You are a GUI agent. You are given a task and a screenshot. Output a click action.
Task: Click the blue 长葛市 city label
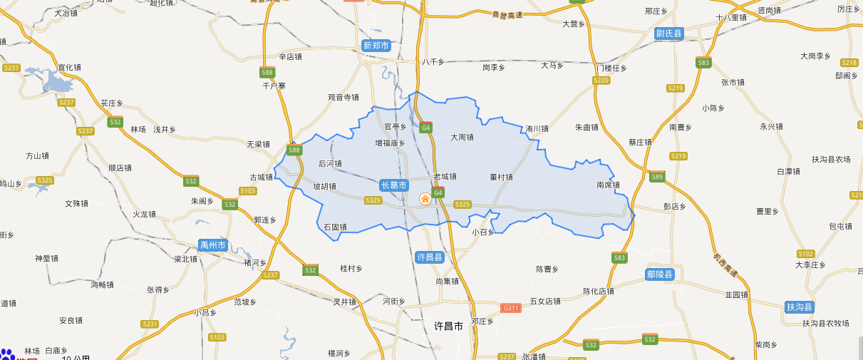[x=394, y=185]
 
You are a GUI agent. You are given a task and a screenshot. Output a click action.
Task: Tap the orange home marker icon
[x=425, y=198]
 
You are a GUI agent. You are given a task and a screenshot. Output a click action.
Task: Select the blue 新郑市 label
[x=376, y=46]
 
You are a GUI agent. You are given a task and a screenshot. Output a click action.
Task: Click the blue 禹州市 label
[x=212, y=245]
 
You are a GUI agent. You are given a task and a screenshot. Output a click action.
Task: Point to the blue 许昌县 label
[x=429, y=257]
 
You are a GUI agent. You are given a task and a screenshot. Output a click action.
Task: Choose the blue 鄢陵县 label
[x=660, y=274]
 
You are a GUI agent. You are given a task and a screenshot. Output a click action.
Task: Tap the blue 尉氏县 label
[x=669, y=34]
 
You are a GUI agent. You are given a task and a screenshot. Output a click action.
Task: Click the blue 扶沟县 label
[x=800, y=307]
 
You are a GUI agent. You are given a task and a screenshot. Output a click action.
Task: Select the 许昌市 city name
[x=448, y=326]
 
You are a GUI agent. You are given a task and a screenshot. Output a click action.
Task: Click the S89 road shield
[x=657, y=177]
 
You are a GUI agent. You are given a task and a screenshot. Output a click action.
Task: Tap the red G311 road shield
[x=511, y=308]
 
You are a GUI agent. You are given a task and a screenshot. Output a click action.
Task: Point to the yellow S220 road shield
[x=601, y=81]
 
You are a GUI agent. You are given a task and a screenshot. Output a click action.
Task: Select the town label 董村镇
[x=501, y=176]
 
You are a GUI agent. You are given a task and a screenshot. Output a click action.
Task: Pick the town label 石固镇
[x=335, y=227]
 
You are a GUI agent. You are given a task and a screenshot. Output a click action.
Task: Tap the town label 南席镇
[x=608, y=185]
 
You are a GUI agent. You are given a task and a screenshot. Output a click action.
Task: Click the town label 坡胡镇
[x=324, y=187]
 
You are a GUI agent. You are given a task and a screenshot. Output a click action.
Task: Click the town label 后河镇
[x=330, y=163]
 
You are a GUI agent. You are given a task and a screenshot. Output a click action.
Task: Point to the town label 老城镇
[x=445, y=176]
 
